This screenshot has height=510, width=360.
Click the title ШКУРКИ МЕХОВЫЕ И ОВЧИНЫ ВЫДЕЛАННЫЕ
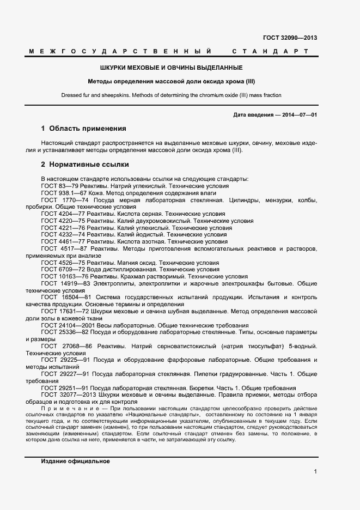(171, 68)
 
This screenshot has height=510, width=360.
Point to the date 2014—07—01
(299, 115)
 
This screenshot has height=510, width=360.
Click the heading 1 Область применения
(83, 129)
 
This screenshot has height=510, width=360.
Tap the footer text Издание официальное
(75, 461)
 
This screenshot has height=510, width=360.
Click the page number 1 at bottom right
(315, 472)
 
